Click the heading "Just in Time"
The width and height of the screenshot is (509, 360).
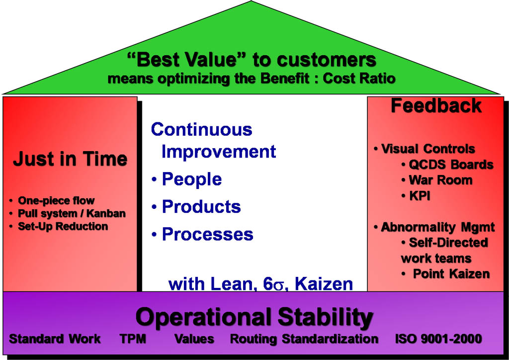click(x=70, y=159)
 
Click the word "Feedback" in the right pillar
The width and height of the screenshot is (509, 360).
click(x=436, y=106)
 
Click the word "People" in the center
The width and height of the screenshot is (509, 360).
click(x=192, y=179)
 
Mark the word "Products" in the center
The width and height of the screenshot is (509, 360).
click(x=201, y=206)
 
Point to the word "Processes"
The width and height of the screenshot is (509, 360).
click(x=207, y=234)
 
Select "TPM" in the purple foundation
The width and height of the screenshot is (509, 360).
click(x=133, y=339)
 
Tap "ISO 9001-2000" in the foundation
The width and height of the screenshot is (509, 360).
click(x=438, y=339)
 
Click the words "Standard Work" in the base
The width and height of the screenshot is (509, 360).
click(x=55, y=339)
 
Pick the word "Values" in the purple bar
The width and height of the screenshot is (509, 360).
click(x=194, y=339)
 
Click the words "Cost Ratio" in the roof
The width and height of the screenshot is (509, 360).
click(x=359, y=79)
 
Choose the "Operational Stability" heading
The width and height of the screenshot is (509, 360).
click(x=254, y=317)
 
